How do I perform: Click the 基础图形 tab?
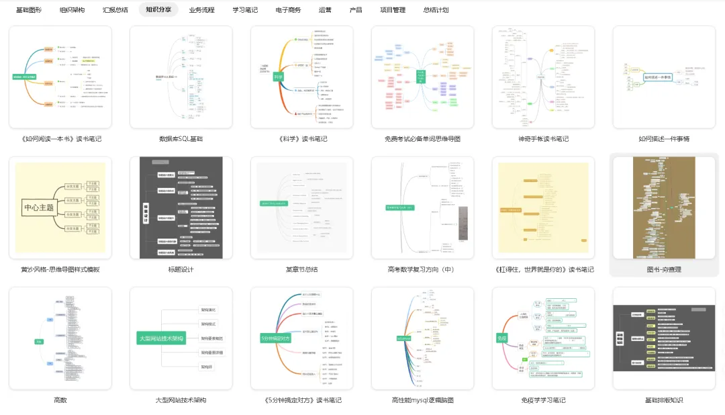click(x=29, y=10)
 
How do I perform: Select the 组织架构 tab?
click(x=72, y=10)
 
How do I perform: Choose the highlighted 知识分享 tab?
click(x=158, y=10)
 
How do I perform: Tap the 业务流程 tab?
click(x=202, y=10)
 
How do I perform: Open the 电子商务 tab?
click(x=288, y=10)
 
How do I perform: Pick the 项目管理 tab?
click(x=393, y=10)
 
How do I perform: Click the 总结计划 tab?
click(x=436, y=10)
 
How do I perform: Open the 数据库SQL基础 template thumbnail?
click(x=181, y=77)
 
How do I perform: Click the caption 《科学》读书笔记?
click(x=301, y=139)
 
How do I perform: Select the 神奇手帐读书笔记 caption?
click(x=543, y=139)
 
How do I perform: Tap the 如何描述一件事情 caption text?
click(x=664, y=139)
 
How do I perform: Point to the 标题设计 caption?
click(x=181, y=269)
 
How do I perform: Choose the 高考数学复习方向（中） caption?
click(x=422, y=269)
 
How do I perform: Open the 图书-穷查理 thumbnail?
click(x=664, y=207)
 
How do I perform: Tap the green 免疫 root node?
click(x=501, y=338)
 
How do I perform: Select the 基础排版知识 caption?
click(x=664, y=400)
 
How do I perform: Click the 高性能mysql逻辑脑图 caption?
click(x=422, y=400)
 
